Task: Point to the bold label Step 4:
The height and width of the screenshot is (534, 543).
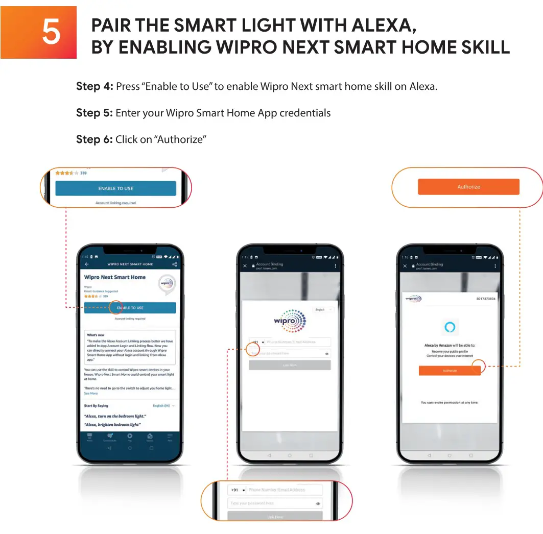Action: [95, 86]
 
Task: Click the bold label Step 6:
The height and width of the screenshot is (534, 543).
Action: [95, 139]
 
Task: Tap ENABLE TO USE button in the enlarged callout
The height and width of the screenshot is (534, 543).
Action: [115, 188]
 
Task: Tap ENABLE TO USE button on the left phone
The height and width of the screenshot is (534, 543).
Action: [130, 308]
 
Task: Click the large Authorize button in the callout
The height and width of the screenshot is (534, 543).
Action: [468, 187]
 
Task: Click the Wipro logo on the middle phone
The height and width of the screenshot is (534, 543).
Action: [290, 321]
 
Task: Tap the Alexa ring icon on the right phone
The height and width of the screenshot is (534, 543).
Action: [450, 327]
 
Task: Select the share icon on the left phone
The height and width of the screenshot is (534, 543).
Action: [175, 264]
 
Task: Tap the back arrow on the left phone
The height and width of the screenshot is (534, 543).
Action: [87, 264]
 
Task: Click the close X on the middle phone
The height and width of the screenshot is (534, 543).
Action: [245, 266]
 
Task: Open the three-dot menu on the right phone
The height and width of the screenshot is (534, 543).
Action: [495, 266]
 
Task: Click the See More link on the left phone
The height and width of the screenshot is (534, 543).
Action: [91, 394]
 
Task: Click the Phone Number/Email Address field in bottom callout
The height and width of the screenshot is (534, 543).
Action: [284, 490]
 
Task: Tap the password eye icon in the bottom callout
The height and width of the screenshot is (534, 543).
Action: [318, 504]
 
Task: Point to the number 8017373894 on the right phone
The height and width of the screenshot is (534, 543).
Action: [485, 299]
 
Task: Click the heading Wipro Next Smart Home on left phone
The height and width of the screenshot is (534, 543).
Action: [115, 277]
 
